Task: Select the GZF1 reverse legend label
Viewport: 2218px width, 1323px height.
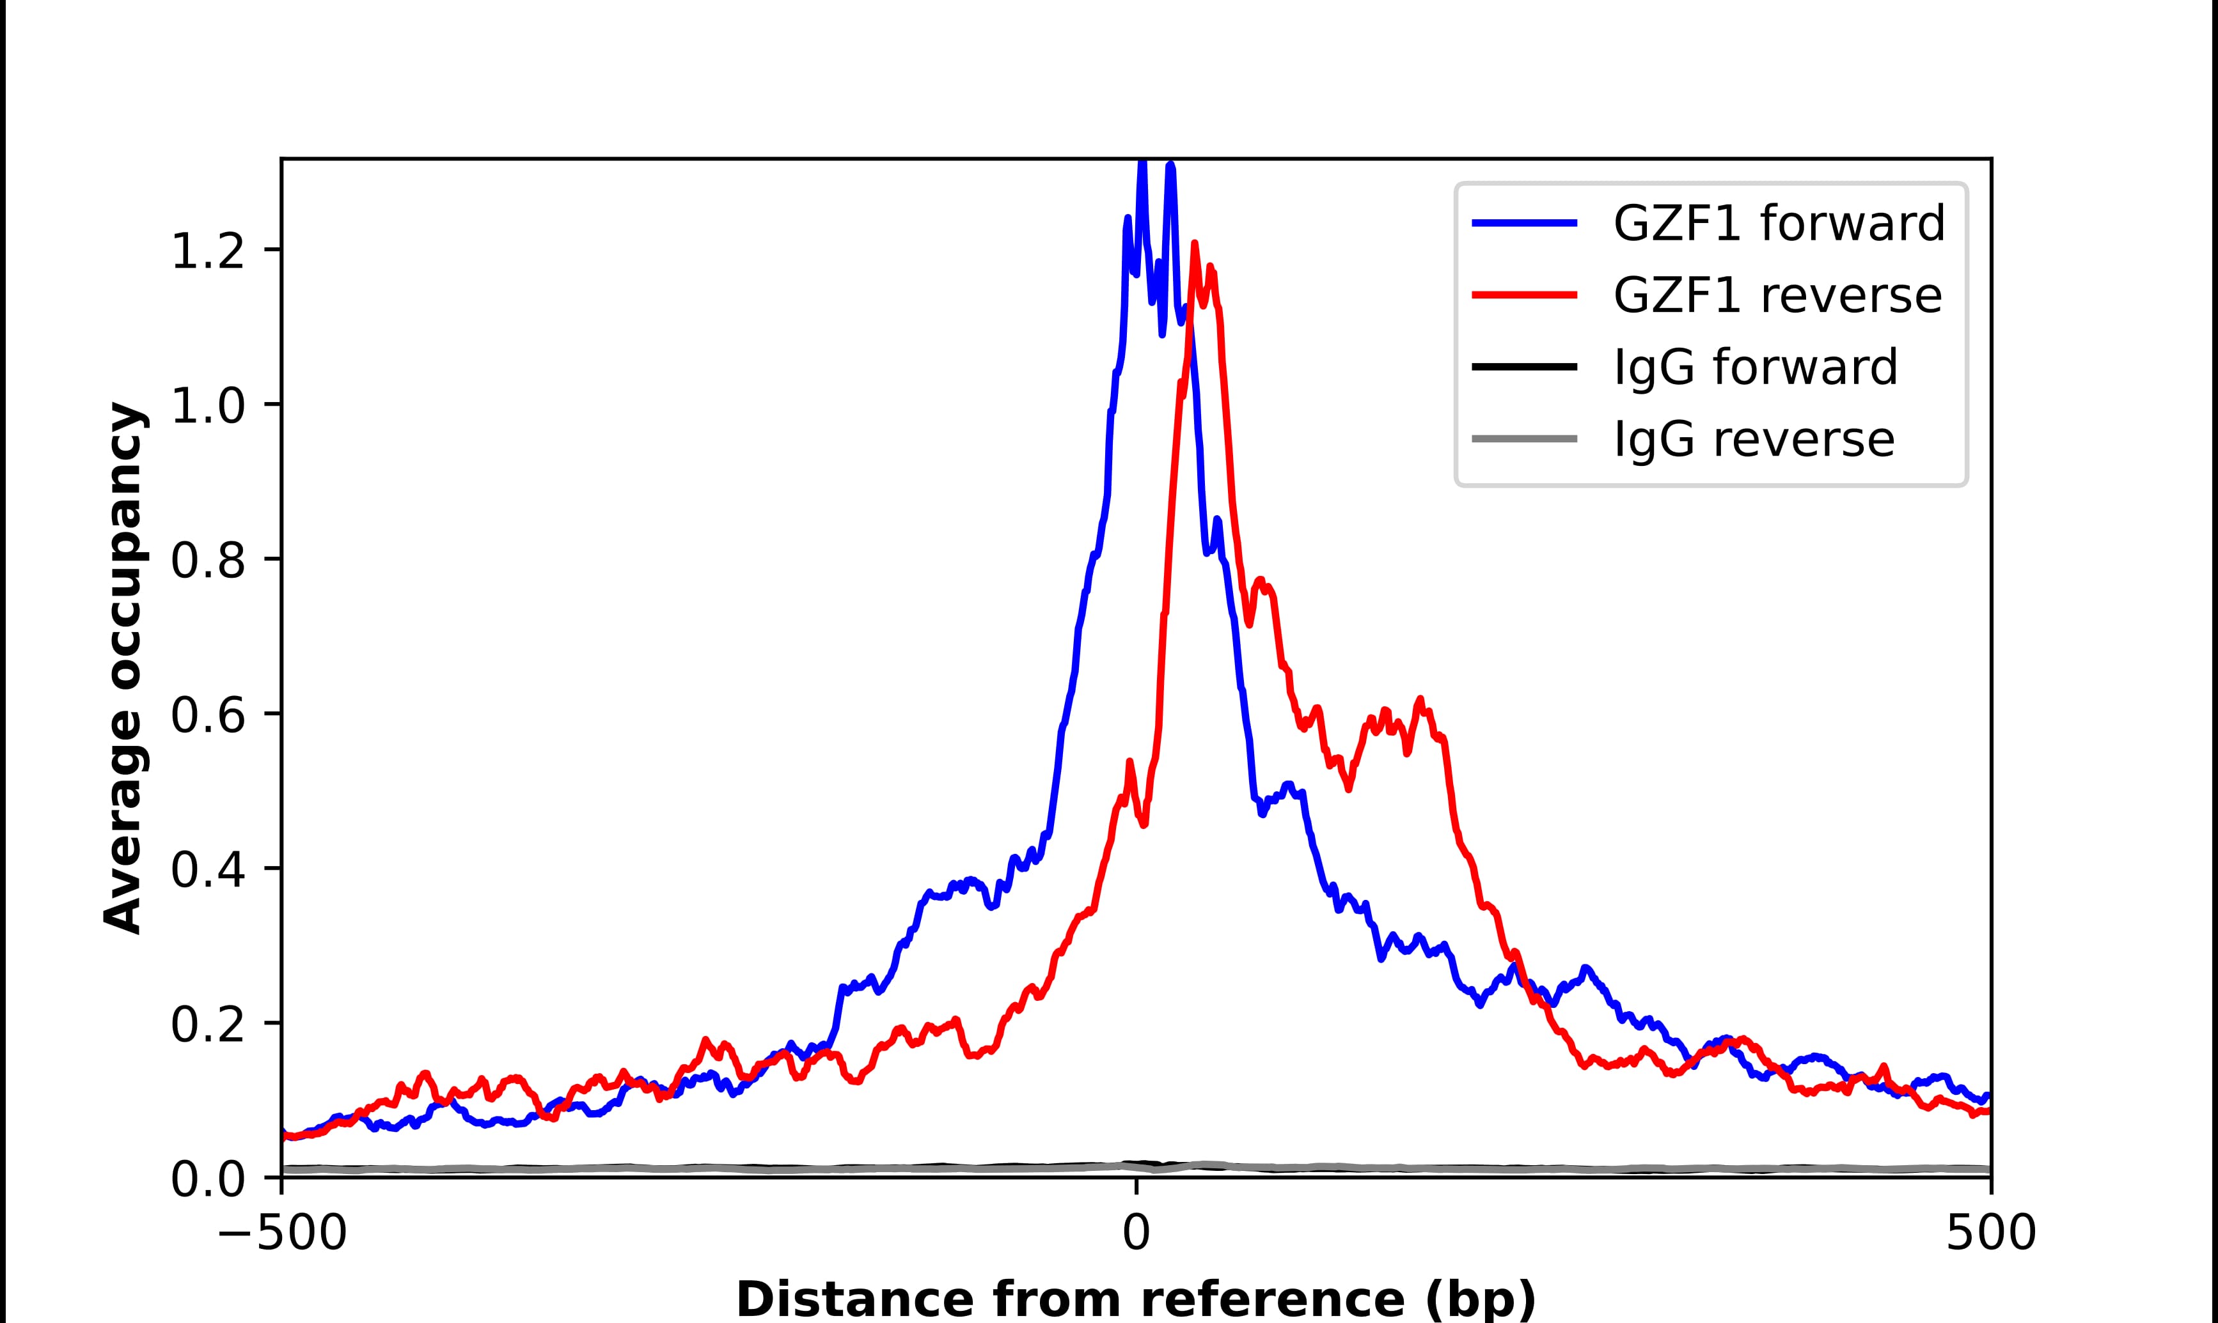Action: pos(1777,296)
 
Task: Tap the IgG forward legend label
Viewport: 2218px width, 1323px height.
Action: pos(1755,367)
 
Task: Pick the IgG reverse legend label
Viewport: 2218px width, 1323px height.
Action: pos(1753,440)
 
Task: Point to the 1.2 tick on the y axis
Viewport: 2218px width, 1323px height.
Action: pos(207,251)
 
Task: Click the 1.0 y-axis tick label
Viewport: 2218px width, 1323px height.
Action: pos(207,406)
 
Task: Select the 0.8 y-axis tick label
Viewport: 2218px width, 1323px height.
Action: pos(207,562)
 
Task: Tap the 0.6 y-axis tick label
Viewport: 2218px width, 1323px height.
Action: pos(207,716)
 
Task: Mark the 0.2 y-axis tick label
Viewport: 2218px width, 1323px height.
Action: pos(207,1025)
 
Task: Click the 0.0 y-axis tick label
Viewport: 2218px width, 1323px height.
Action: pos(207,1180)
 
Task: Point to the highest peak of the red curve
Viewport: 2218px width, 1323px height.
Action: pos(1194,244)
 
